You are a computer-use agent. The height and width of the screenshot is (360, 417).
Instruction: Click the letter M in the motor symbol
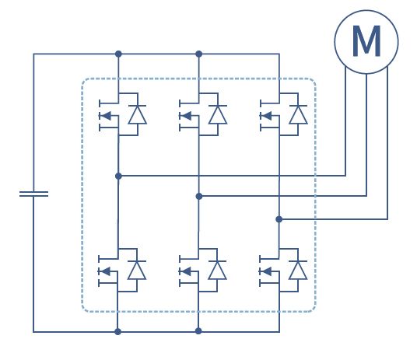coord(366,41)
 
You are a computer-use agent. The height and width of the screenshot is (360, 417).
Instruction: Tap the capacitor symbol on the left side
coord(33,194)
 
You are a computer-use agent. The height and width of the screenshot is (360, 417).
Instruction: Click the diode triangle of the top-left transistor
coord(137,114)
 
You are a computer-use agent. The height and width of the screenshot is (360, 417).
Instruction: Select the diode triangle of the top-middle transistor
coord(218,114)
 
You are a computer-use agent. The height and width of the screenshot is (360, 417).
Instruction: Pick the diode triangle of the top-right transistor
coord(298,114)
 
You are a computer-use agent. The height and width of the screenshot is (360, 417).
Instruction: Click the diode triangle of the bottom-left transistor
coord(137,270)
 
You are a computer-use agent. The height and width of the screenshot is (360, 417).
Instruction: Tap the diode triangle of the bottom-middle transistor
coord(217,270)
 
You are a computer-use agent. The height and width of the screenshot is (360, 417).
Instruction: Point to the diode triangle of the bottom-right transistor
coord(298,270)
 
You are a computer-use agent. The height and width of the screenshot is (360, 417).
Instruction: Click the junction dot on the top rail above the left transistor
coord(118,54)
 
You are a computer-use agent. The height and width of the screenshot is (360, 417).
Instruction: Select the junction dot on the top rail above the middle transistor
coord(198,54)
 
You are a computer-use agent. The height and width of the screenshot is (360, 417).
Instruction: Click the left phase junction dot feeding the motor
coord(118,176)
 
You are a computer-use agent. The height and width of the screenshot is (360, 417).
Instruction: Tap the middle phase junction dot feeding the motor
coord(199,196)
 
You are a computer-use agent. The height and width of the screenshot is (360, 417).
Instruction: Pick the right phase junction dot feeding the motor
coord(279,219)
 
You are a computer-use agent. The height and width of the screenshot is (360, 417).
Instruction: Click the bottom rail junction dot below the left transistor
coord(117,331)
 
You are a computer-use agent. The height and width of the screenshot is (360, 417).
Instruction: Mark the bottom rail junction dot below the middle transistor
coord(198,331)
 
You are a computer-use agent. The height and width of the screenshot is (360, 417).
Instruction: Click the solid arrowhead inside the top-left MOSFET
coord(107,116)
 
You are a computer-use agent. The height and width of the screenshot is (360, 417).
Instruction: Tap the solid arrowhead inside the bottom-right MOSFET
coord(267,271)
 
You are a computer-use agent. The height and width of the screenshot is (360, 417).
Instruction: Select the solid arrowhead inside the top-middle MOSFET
coord(187,116)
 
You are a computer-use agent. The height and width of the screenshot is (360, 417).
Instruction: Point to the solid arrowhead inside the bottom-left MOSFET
coord(106,271)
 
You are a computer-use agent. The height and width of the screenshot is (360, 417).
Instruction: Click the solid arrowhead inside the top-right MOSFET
coord(267,116)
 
